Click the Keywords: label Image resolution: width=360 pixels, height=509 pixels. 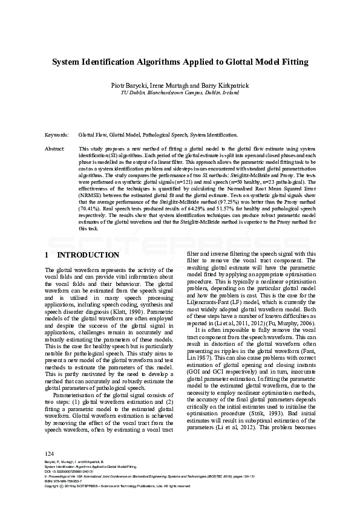point(57,135)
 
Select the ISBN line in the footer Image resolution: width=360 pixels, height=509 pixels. point(65,481)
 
